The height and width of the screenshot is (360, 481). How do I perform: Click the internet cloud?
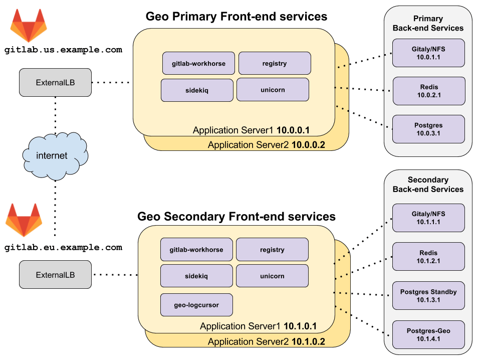click(52, 156)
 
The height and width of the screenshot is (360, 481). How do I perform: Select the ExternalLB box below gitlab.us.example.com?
click(55, 82)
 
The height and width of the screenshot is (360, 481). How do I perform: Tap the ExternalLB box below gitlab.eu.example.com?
click(55, 275)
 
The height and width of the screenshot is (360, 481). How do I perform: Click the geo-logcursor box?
click(196, 305)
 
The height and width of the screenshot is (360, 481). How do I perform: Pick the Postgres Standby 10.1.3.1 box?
click(428, 296)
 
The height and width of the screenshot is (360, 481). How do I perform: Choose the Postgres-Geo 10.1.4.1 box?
click(428, 335)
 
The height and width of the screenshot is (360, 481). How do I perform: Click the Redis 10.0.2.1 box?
click(429, 91)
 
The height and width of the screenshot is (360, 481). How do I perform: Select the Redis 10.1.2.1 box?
click(428, 257)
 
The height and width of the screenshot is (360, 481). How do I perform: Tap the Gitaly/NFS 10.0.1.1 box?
click(429, 53)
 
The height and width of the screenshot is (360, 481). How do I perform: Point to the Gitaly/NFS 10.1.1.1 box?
click(428, 218)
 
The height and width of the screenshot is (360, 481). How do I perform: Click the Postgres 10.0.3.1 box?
click(429, 129)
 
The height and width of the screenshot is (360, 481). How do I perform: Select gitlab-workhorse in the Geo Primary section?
click(198, 64)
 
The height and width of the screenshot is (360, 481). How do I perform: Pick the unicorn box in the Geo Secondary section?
click(272, 276)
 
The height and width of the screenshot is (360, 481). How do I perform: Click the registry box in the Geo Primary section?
click(275, 64)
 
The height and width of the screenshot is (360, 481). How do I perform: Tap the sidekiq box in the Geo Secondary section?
click(196, 276)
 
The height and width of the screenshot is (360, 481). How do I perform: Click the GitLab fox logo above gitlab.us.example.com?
click(28, 26)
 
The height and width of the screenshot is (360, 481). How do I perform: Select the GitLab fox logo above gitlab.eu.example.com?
click(23, 220)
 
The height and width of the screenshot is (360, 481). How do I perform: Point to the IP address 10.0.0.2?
click(307, 145)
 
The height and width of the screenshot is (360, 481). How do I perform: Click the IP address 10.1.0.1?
click(300, 326)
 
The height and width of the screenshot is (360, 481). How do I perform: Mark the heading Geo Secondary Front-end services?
click(236, 217)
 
